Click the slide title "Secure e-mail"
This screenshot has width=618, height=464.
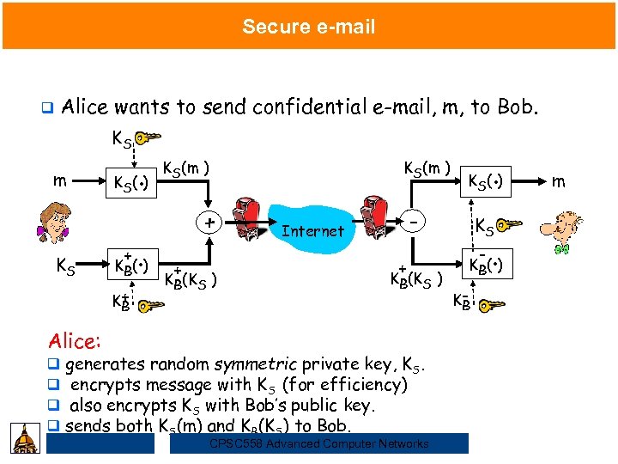pos(308,27)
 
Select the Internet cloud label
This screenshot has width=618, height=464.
pos(312,230)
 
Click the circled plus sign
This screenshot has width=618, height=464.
pos(208,223)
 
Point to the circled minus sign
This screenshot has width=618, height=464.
pos(415,223)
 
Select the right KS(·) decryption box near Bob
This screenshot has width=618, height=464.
pos(488,181)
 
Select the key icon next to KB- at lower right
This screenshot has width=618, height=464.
pos(493,304)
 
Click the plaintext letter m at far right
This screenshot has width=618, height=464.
pos(559,181)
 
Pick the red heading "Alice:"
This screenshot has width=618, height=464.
pos(75,340)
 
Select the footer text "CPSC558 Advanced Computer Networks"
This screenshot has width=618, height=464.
pos(318,443)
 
